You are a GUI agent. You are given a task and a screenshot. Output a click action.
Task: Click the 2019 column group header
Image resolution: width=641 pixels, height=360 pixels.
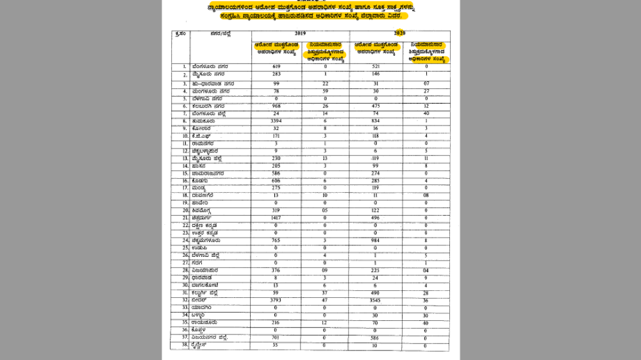pyautogui.click(x=300, y=32)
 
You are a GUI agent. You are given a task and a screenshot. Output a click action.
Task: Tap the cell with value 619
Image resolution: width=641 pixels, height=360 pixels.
pyautogui.click(x=277, y=67)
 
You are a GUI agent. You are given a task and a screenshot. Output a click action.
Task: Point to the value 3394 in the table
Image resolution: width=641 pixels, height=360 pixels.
pyautogui.click(x=277, y=120)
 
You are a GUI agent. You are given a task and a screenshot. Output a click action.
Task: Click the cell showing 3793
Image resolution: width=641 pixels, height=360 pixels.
pyautogui.click(x=277, y=300)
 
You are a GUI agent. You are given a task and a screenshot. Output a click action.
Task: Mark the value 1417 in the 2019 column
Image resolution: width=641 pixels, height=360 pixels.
pyautogui.click(x=277, y=217)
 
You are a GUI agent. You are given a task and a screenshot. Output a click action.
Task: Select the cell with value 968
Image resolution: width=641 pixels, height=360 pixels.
pyautogui.click(x=277, y=106)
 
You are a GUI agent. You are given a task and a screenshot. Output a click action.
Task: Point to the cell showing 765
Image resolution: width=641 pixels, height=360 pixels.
pyautogui.click(x=277, y=240)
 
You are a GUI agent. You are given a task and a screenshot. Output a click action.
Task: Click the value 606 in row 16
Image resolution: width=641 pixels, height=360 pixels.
pyautogui.click(x=277, y=181)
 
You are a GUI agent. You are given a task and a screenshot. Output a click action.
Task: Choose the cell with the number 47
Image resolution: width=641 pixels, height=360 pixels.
pyautogui.click(x=326, y=300)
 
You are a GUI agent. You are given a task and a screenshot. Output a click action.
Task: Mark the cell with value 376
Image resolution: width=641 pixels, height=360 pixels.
pyautogui.click(x=277, y=270)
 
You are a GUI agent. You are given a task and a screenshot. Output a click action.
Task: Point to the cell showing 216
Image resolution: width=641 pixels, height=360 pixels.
pyautogui.click(x=277, y=323)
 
